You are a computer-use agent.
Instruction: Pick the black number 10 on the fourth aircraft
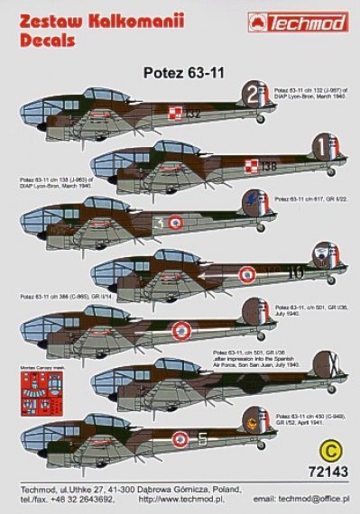pos(297,268)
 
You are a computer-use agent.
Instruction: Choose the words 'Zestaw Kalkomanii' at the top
pos(86,15)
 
